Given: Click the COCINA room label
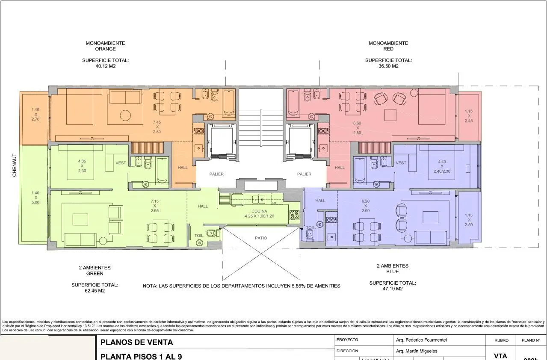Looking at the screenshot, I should (259, 211).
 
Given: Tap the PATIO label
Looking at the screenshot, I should (261, 238).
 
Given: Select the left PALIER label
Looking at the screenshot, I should (216, 174).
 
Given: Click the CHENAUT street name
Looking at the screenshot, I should (14, 165).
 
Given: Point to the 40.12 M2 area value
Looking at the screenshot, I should (105, 66).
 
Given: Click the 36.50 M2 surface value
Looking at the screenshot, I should (388, 66).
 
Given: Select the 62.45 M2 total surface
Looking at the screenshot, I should (95, 291).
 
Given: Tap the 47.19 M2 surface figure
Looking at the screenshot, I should (392, 289).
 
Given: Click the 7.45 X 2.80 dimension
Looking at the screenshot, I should (157, 127).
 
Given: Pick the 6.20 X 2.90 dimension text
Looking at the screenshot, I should (365, 206).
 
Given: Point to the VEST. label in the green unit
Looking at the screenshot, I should (121, 163).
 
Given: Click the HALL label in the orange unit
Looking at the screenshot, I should (183, 168).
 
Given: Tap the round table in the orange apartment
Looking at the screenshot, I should (125, 115).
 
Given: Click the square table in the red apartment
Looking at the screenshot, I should (390, 115).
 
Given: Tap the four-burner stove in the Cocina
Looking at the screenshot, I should (294, 215).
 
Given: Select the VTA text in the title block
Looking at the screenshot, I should (500, 356).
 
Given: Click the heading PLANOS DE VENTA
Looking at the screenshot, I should (136, 342).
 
